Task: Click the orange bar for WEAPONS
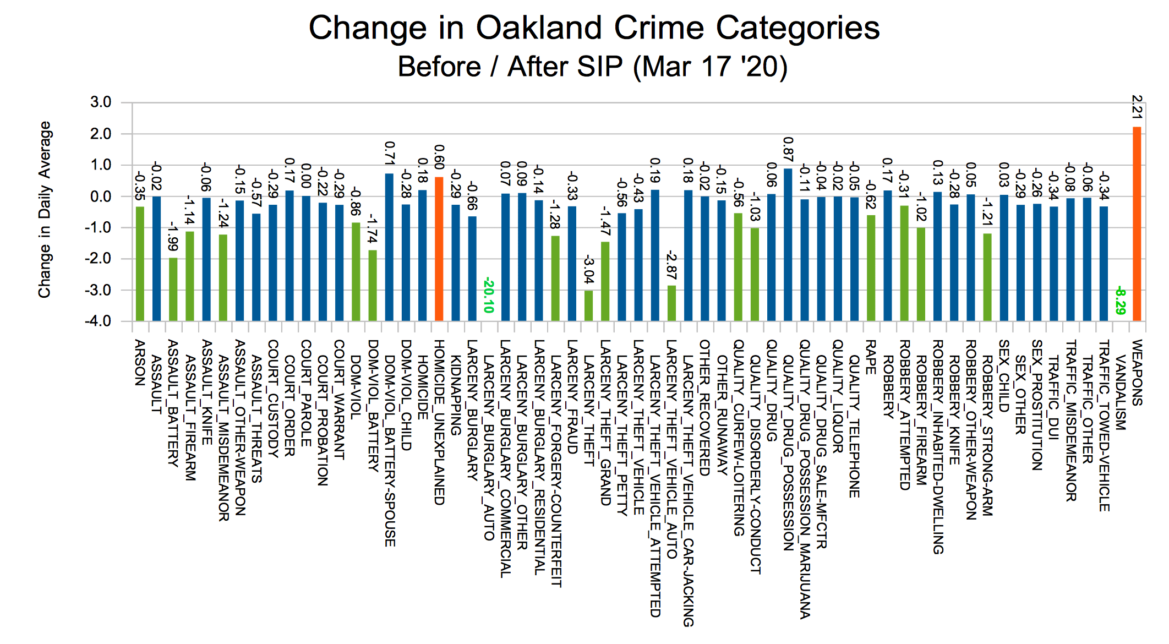pyautogui.click(x=1137, y=223)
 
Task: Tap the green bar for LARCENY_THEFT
pyautogui.click(x=588, y=305)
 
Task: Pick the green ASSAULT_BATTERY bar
pyautogui.click(x=173, y=289)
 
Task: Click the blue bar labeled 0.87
pyautogui.click(x=788, y=244)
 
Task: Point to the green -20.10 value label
pyautogui.click(x=488, y=296)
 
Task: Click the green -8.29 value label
pyautogui.click(x=1119, y=301)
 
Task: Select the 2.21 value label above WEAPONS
pyautogui.click(x=1137, y=107)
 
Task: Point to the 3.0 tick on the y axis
pyautogui.click(x=101, y=102)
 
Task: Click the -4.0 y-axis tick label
pyautogui.click(x=99, y=321)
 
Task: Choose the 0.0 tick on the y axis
pyautogui.click(x=101, y=197)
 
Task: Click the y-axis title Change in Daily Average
pyautogui.click(x=45, y=210)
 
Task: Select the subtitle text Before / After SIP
pyautogui.click(x=510, y=67)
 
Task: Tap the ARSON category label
pyautogui.click(x=140, y=363)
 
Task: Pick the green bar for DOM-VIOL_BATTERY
pyautogui.click(x=373, y=285)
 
